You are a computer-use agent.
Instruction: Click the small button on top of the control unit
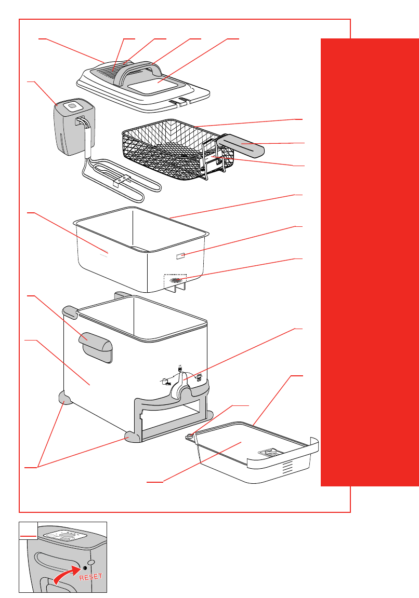tap(72, 107)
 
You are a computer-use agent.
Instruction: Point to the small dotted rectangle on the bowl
tap(180, 255)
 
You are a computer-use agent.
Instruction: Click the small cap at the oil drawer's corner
tap(191, 436)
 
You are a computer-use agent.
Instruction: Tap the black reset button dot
tap(85, 565)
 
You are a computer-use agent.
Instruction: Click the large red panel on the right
tap(370, 260)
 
